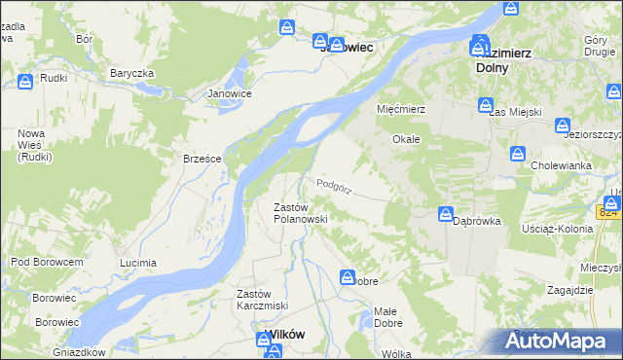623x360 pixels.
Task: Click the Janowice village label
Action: pos(230,93)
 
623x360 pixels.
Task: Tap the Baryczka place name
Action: pos(132,73)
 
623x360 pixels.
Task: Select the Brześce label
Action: pos(202,159)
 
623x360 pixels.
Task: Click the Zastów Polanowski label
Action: pos(299,213)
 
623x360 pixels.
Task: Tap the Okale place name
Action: pos(406,139)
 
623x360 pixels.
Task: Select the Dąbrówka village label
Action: pos(477,221)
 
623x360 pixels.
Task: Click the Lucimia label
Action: pos(137,264)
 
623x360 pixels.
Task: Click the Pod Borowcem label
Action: pos(47,262)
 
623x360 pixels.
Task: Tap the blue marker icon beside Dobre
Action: pos(348,279)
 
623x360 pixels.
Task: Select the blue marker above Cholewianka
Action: pos(519,154)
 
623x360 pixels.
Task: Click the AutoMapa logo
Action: pos(558,341)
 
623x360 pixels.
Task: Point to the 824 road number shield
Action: pos(609,212)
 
